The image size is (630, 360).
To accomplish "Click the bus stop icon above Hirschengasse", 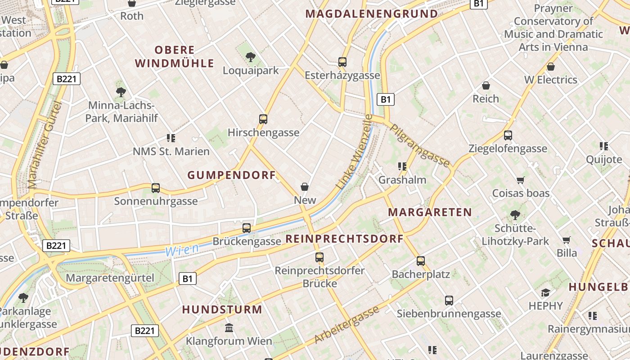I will (263, 119).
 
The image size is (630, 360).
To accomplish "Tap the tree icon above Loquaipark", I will (251, 57).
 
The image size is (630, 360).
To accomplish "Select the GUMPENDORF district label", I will (231, 175).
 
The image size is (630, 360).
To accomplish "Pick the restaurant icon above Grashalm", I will (402, 166).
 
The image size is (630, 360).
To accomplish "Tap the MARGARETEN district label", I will (430, 212).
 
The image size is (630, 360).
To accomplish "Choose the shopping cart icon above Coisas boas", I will (521, 180).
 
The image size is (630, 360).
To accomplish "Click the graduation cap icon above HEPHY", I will (545, 292).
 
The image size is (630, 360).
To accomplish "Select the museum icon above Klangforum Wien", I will (229, 328).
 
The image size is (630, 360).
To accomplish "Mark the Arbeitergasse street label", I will (346, 325).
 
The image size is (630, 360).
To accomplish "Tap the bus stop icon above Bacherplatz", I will (421, 261).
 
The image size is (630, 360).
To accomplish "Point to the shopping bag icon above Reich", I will (486, 85).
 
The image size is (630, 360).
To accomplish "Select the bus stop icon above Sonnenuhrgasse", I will (156, 188).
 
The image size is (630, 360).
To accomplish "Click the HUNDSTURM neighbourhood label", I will (222, 309).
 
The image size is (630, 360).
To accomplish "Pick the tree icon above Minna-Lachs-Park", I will (121, 92).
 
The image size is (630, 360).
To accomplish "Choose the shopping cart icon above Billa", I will (567, 240).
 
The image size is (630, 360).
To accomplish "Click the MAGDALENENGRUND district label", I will (372, 14).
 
